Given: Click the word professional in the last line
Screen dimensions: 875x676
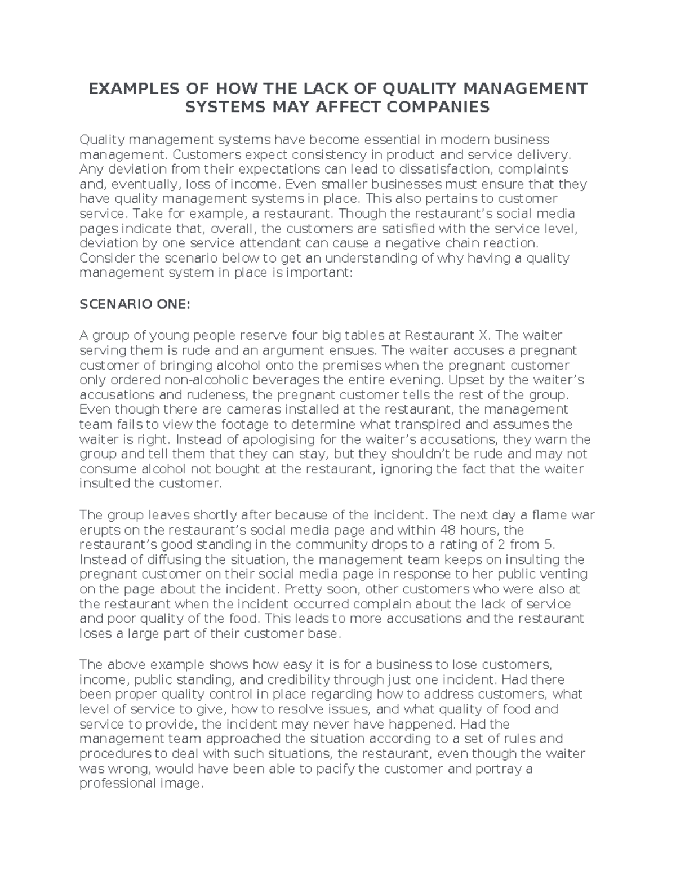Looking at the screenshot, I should point(114,783).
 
